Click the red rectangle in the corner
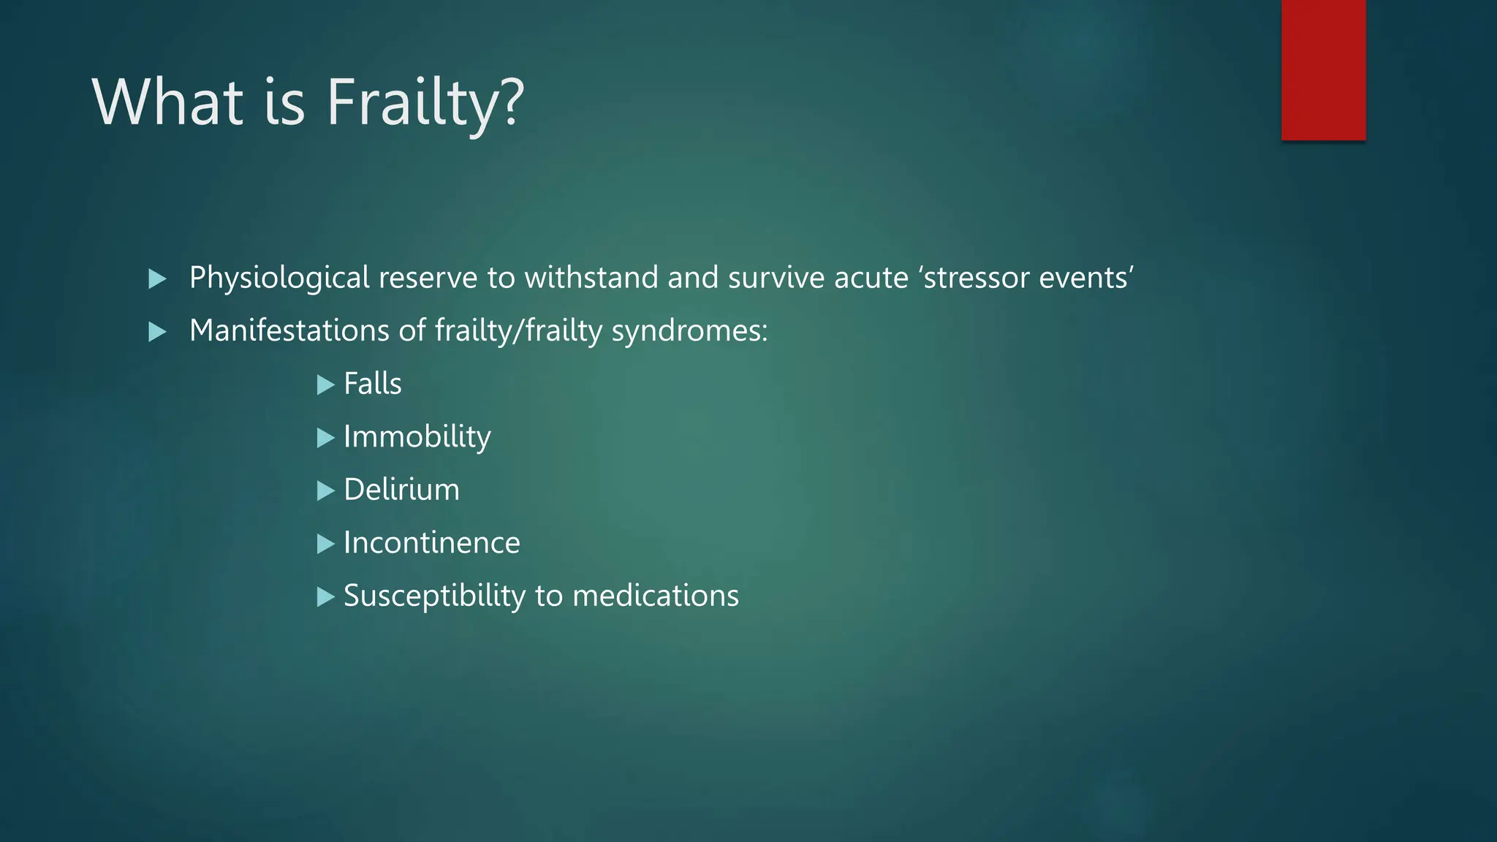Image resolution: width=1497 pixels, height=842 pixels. pyautogui.click(x=1323, y=69)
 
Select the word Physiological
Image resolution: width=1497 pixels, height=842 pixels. pyautogui.click(x=279, y=278)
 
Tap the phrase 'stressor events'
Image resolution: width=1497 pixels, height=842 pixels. pyautogui.click(x=1026, y=278)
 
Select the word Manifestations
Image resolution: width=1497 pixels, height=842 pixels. pyautogui.click(x=289, y=331)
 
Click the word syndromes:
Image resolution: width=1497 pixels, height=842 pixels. pyautogui.click(x=689, y=331)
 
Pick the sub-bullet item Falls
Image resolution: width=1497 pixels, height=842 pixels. pyautogui.click(x=373, y=384)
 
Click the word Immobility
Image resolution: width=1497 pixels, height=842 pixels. pyautogui.click(x=417, y=437)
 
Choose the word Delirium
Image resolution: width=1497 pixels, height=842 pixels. pyautogui.click(x=401, y=490)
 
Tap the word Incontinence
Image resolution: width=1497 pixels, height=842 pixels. pyautogui.click(x=431, y=543)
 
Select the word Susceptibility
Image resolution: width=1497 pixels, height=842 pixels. pyautogui.click(x=434, y=596)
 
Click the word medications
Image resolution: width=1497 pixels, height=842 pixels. pyautogui.click(x=656, y=596)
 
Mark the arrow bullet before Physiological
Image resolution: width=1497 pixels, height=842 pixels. pyautogui.click(x=157, y=279)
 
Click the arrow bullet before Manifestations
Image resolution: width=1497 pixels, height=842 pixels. pyautogui.click(x=157, y=333)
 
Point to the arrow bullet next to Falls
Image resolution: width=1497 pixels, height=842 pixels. pyautogui.click(x=325, y=385)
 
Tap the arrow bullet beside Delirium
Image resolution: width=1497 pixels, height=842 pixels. pyautogui.click(x=325, y=491)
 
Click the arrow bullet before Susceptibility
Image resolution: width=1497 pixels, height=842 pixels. pyautogui.click(x=325, y=597)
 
